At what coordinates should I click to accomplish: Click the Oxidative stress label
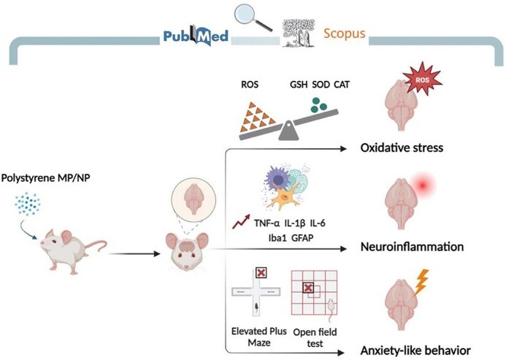pos(402,149)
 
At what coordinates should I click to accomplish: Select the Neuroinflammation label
pos(411,247)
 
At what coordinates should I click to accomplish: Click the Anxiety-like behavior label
pos(415,350)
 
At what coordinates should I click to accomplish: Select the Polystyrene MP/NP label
pos(42,177)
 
